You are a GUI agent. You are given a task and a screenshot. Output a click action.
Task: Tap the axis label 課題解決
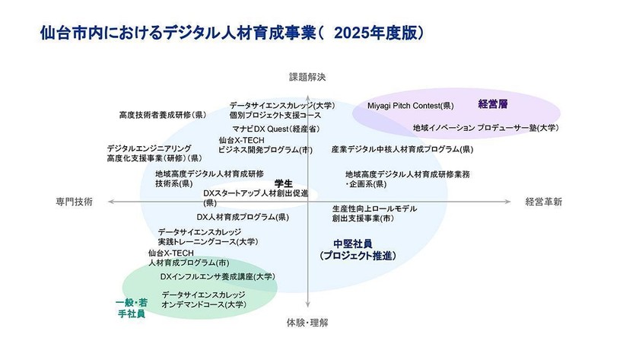[x=307, y=77]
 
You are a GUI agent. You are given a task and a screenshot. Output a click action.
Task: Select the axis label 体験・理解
[x=307, y=323]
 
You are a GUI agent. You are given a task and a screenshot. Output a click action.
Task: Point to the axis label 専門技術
[x=74, y=202]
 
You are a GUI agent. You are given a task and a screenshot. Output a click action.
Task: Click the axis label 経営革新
[x=543, y=202]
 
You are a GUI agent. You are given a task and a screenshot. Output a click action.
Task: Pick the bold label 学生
[x=284, y=183]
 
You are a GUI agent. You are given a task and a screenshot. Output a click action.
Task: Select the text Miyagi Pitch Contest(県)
[x=410, y=105]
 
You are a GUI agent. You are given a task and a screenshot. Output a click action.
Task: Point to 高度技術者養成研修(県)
[x=162, y=115]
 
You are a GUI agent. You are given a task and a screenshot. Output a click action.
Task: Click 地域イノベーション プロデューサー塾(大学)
[x=485, y=128]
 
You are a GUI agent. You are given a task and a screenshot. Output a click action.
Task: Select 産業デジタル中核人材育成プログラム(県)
[x=402, y=150]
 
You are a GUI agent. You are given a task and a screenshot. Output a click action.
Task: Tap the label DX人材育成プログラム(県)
[x=243, y=217]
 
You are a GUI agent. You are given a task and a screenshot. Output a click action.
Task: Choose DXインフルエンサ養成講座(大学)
[x=217, y=276]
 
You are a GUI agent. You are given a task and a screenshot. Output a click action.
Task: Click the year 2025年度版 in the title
[x=377, y=33]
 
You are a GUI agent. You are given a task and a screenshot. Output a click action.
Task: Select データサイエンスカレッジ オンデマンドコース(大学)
[x=204, y=299]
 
